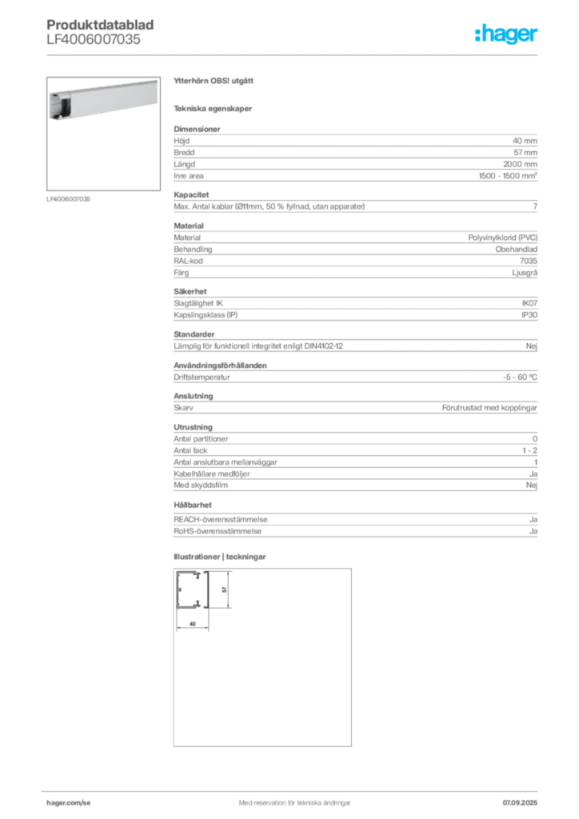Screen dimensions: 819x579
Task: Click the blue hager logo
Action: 508,35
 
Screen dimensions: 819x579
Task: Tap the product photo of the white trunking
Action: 94,99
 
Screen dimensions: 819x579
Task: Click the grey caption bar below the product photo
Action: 70,198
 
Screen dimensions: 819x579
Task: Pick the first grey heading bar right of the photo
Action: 214,83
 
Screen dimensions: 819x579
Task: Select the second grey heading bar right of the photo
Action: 214,108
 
